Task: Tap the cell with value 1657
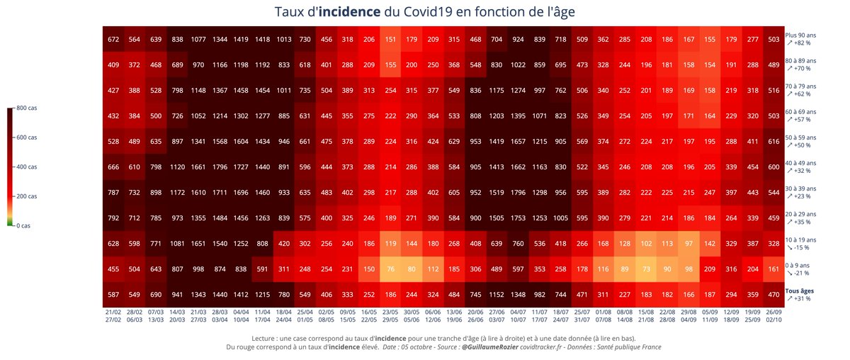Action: coord(518,142)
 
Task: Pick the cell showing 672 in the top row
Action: coord(113,40)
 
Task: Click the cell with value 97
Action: coord(688,244)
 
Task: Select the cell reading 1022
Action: coord(518,65)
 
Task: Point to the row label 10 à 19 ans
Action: coord(800,240)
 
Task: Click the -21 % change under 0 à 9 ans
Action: coord(800,273)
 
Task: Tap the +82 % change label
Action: coord(800,43)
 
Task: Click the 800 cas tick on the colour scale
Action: coord(27,108)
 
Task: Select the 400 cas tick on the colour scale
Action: coord(27,167)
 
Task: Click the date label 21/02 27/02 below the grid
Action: coord(113,315)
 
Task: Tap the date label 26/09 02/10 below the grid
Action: coord(773,315)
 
